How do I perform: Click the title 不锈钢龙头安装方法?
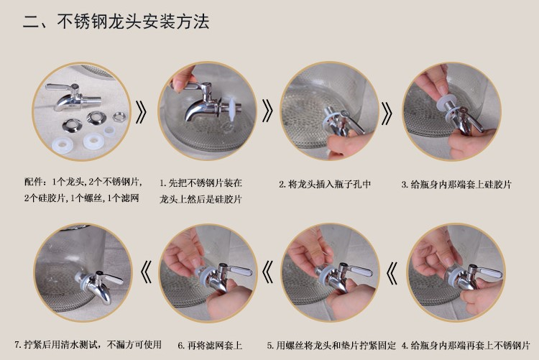click(133, 22)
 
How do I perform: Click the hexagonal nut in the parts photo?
click(119, 116)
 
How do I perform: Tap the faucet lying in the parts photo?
click(73, 96)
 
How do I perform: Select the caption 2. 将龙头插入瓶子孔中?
click(325, 184)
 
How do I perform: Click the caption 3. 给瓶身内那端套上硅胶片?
click(456, 185)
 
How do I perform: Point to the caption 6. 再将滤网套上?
click(210, 345)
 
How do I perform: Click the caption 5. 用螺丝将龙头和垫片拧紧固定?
click(331, 345)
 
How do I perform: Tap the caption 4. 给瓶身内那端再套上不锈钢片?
click(466, 345)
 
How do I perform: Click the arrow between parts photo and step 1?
click(142, 112)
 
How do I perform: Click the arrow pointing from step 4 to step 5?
click(392, 272)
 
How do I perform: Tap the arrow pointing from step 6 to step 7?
click(146, 272)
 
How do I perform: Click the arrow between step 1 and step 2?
click(267, 111)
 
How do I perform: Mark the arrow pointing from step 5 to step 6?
click(267, 272)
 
